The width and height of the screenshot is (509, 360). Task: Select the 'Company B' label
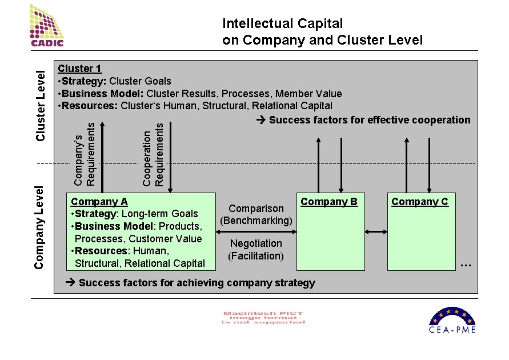329,202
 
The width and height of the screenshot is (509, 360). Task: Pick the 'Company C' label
420,202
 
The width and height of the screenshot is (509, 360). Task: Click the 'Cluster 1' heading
79,69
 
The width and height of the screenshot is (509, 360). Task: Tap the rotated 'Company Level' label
39,227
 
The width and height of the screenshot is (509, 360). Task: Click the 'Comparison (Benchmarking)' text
256,214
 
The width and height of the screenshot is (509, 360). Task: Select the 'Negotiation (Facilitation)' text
256,249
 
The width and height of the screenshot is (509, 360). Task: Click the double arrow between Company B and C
376,231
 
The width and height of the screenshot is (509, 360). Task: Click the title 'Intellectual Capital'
283,24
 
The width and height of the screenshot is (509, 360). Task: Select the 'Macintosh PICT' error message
263,318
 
